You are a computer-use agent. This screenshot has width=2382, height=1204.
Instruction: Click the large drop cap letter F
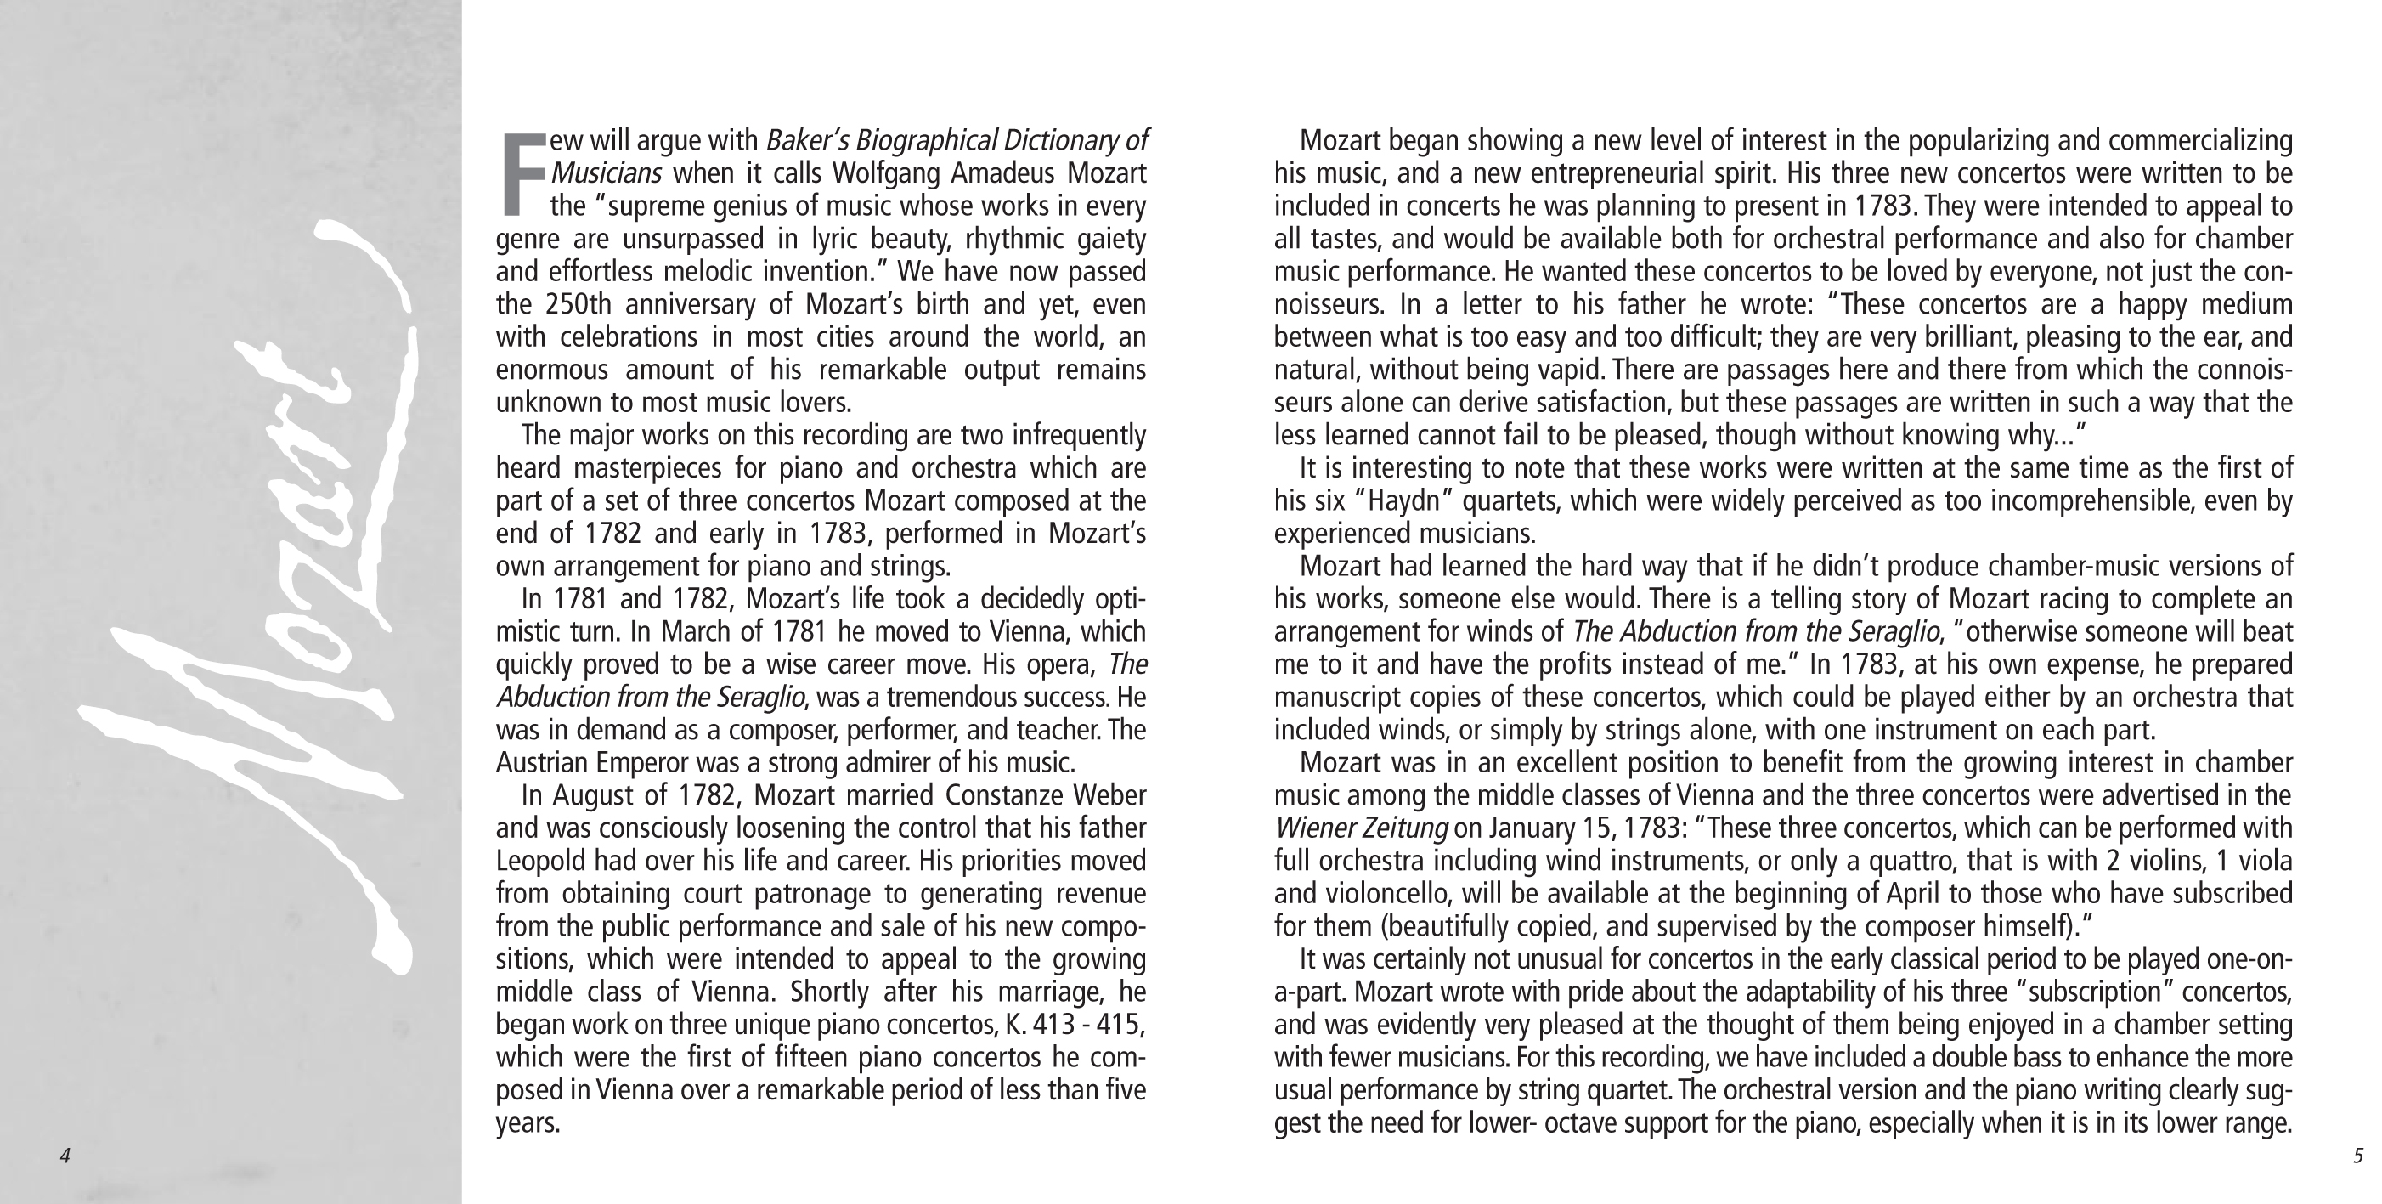tap(522, 175)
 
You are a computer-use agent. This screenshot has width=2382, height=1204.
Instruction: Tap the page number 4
tap(65, 1156)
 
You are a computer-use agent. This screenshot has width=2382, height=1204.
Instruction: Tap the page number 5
tap(2358, 1156)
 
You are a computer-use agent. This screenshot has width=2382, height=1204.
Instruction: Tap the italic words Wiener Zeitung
tap(1360, 828)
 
